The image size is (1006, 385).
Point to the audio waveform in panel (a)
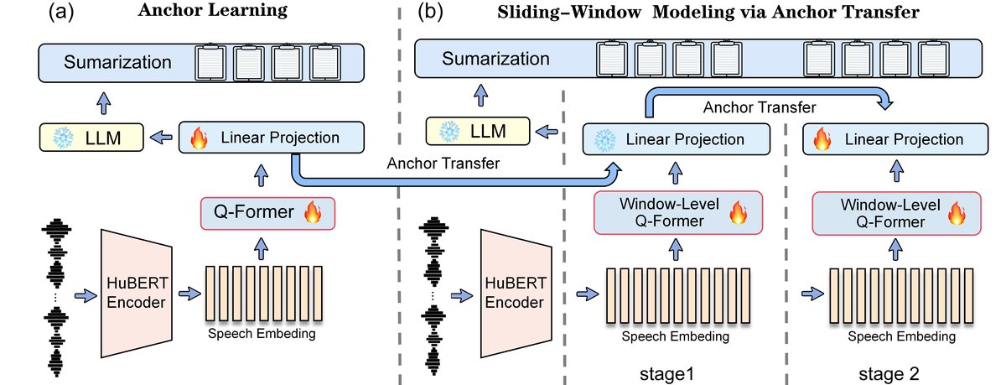56,293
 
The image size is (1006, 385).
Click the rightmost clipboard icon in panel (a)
325,63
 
